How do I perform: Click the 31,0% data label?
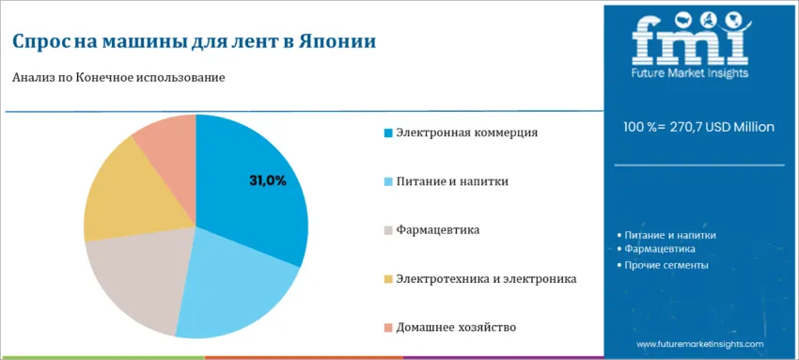[x=268, y=181]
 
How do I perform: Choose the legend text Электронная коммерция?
[x=467, y=133]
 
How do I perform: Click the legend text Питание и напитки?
[x=452, y=181]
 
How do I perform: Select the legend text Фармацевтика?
[x=438, y=230]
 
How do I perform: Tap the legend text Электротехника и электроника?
[x=486, y=279]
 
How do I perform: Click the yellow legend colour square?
[x=388, y=279]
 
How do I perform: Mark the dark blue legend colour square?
[x=388, y=133]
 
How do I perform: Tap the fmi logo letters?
[x=692, y=39]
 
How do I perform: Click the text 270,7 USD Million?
[x=719, y=127]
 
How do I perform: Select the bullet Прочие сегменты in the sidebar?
[x=663, y=265]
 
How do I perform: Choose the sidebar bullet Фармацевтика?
[x=656, y=249]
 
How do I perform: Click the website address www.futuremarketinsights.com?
[x=700, y=344]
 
